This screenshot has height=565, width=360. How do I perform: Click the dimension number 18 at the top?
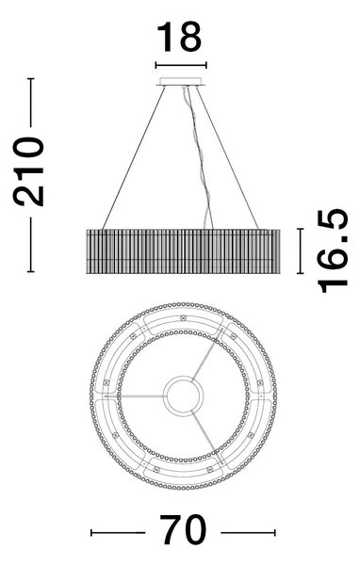(179, 37)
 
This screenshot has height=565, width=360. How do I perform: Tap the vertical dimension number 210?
(28, 172)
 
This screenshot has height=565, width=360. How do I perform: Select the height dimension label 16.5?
(333, 250)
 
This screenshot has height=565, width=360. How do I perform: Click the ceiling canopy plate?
(181, 81)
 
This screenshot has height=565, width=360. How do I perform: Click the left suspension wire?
(134, 158)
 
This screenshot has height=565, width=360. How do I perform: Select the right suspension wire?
(227, 158)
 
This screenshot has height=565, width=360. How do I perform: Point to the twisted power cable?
(199, 158)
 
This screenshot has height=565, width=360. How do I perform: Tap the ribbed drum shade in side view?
(183, 251)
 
